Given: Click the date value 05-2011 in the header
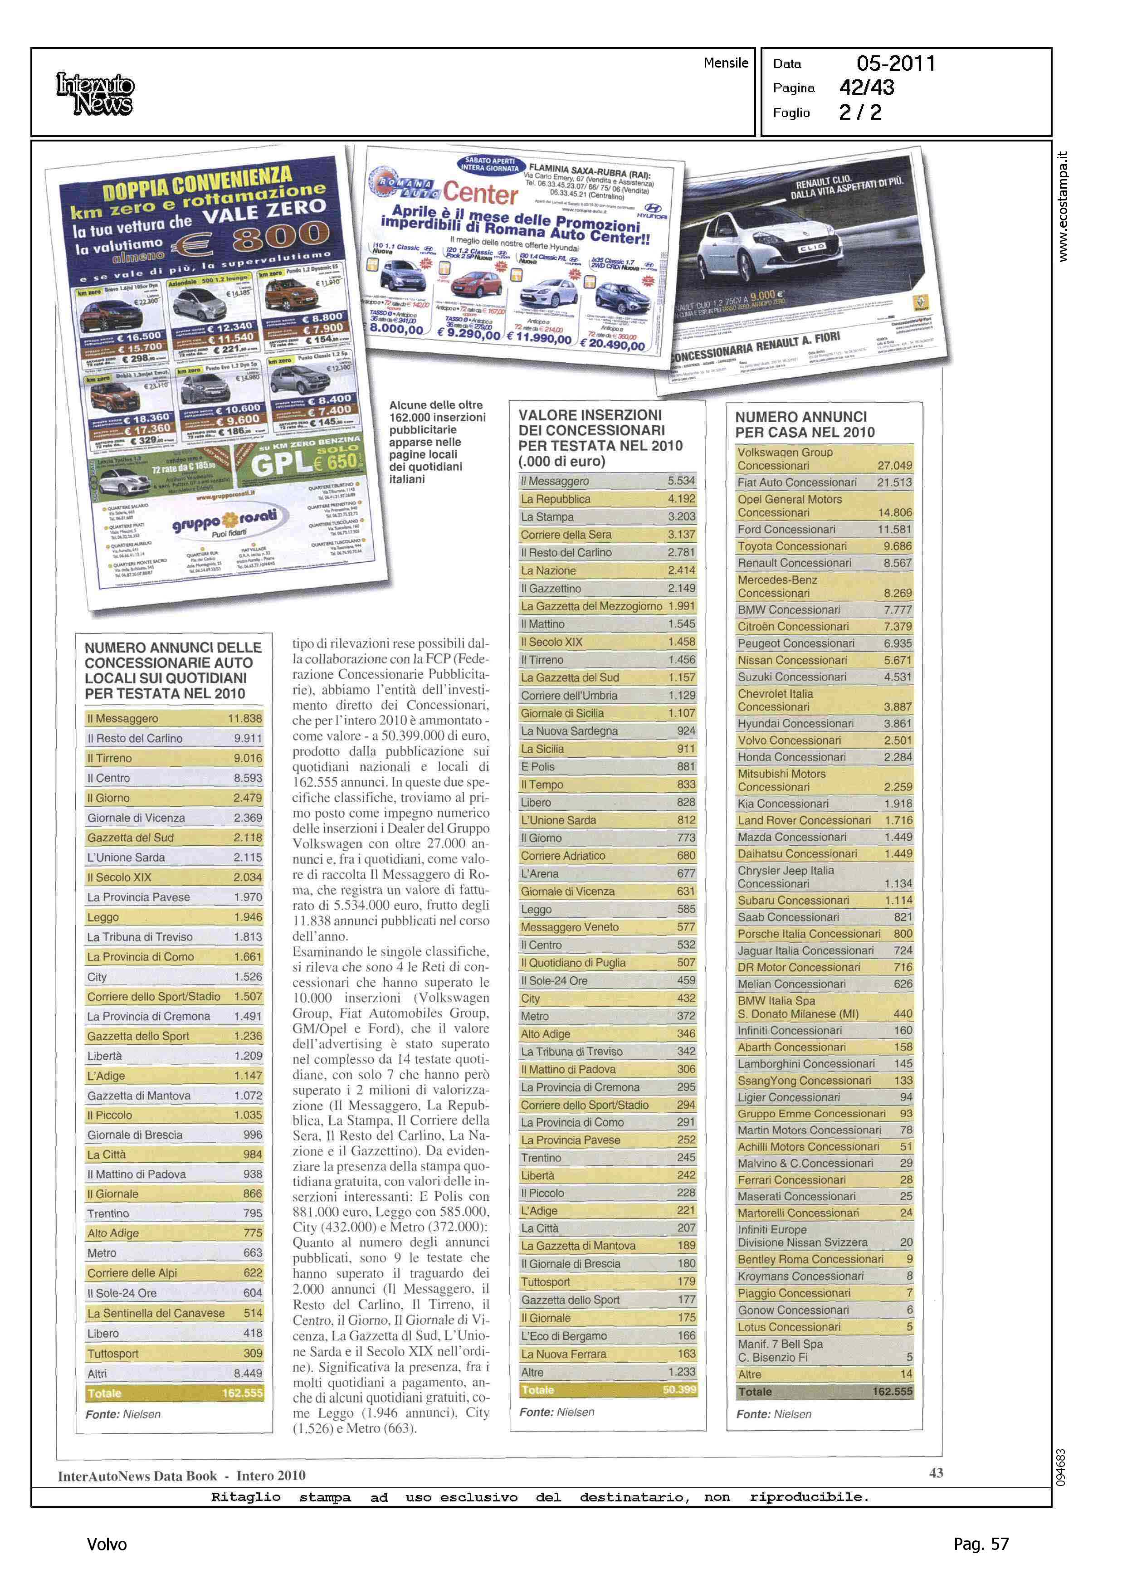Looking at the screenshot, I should click(x=896, y=63).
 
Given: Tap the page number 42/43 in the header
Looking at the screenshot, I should click(x=866, y=88).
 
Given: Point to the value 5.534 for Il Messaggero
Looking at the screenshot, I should click(x=681, y=481).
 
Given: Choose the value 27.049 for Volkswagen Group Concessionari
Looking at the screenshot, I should click(x=894, y=465).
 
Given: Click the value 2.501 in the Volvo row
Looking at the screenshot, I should click(x=898, y=740).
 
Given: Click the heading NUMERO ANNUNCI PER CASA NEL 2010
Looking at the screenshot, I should click(x=805, y=424).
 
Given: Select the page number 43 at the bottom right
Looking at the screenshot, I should click(x=936, y=1472).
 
